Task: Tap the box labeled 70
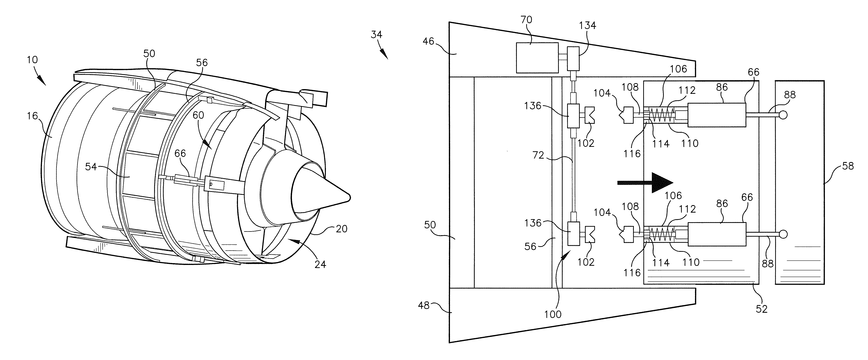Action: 537,58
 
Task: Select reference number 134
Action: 587,25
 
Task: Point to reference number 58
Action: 848,166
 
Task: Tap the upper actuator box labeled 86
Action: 717,115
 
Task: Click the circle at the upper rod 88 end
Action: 783,115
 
